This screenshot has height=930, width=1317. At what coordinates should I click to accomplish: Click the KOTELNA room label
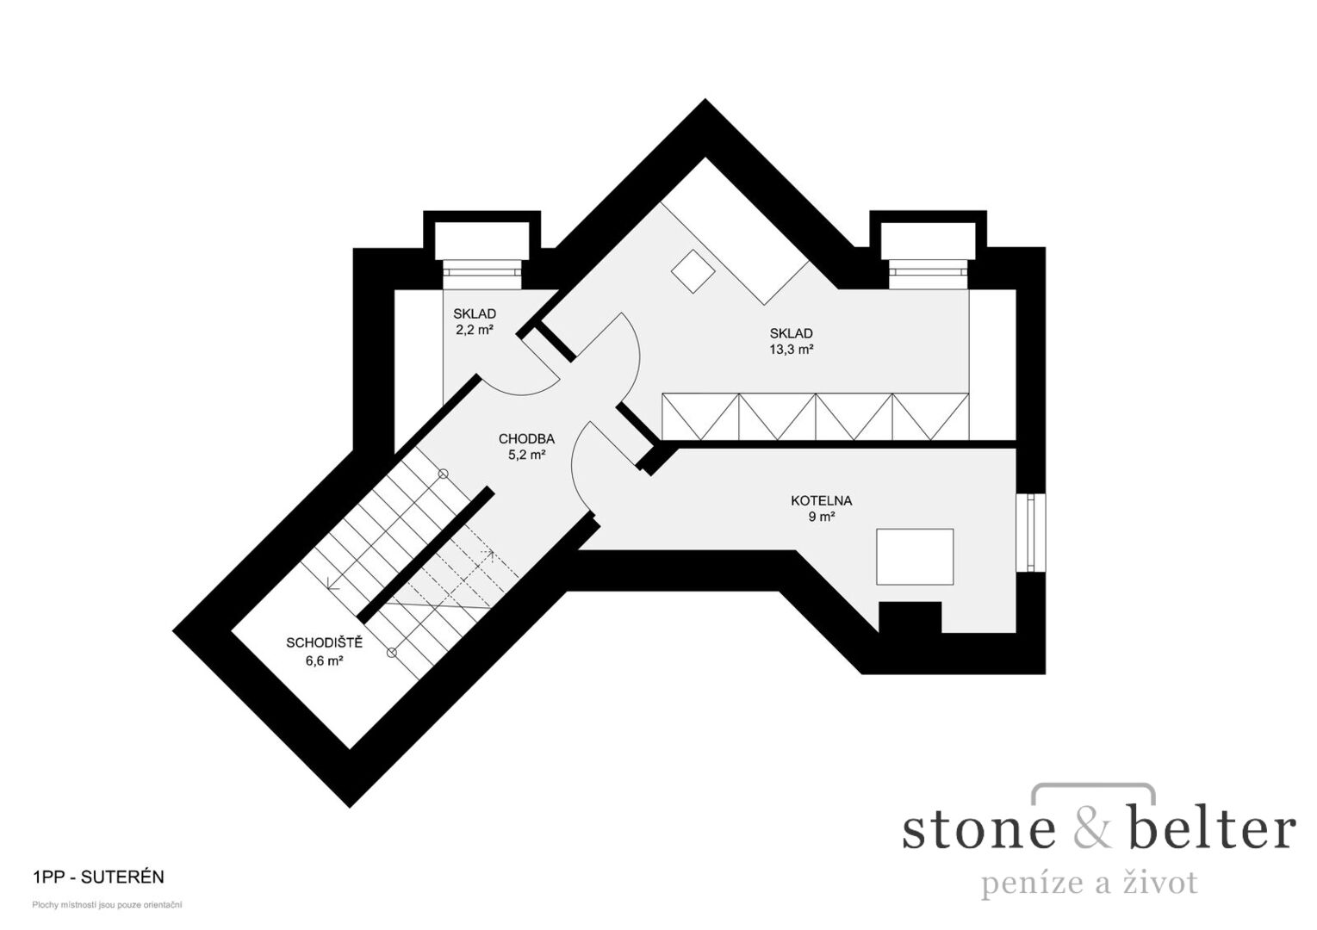tap(822, 501)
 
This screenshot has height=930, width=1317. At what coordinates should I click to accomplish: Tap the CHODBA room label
tap(526, 438)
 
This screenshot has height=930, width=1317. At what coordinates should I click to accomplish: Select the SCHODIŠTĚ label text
tap(325, 642)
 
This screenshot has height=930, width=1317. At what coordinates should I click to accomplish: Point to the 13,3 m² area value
tap(792, 350)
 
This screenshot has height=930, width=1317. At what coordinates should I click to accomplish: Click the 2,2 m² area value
tap(475, 330)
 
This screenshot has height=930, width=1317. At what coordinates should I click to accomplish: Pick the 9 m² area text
tap(822, 518)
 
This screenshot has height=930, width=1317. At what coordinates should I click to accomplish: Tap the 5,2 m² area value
tap(527, 455)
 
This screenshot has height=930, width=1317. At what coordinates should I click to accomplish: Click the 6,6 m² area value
tap(324, 660)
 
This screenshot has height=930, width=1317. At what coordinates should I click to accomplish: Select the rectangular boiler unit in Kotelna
tap(915, 556)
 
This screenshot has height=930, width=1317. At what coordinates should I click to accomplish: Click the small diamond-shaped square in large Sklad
tap(693, 271)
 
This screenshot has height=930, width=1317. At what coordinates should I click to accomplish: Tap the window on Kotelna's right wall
tap(1031, 532)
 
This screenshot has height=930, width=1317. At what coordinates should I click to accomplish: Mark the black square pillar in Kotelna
tap(910, 617)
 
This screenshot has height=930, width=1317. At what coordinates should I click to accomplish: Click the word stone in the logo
tap(979, 831)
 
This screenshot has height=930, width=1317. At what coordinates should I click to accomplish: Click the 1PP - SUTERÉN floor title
tap(99, 877)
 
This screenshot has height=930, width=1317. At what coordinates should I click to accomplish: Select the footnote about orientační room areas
tap(107, 905)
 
